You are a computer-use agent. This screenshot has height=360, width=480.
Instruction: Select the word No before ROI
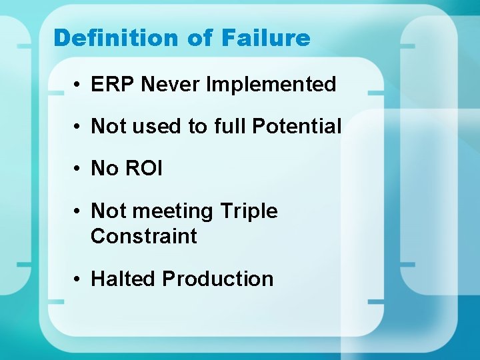pyautogui.click(x=105, y=168)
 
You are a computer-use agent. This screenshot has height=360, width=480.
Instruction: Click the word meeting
pyautogui.click(x=173, y=211)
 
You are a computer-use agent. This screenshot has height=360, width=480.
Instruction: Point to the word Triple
pyautogui.click(x=248, y=211)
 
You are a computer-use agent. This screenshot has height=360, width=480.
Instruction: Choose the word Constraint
pyautogui.click(x=144, y=236)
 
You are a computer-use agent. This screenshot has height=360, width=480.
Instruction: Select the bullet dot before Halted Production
pyautogui.click(x=78, y=279)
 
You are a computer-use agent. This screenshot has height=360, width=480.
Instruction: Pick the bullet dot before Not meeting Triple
pyautogui.click(x=78, y=212)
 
